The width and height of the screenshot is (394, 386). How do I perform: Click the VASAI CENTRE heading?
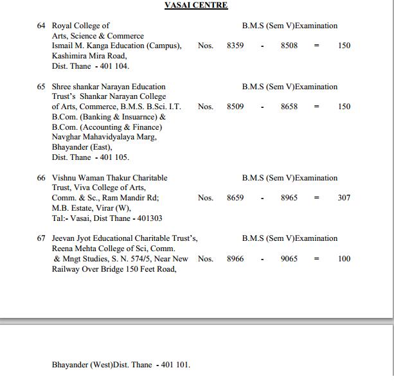click(x=196, y=5)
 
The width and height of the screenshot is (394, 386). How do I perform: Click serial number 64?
click(x=41, y=26)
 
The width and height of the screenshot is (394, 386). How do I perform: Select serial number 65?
click(x=41, y=87)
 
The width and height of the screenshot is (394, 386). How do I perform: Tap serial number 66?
click(x=41, y=178)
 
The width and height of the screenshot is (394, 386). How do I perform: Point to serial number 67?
click(x=41, y=238)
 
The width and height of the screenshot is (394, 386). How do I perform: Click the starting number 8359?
click(x=235, y=46)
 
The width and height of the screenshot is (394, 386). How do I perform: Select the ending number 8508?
click(x=289, y=46)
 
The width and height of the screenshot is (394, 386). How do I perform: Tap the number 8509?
click(x=235, y=107)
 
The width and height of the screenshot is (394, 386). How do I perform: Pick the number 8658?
click(x=289, y=107)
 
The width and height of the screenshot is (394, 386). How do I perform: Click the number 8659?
click(x=235, y=198)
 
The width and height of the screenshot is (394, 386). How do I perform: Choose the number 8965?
click(x=289, y=198)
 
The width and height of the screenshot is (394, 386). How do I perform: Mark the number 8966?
click(x=235, y=259)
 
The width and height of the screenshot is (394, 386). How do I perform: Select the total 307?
click(x=344, y=198)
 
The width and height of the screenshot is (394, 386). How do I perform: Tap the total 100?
click(x=344, y=259)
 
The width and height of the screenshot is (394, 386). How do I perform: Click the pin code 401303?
click(x=149, y=218)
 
